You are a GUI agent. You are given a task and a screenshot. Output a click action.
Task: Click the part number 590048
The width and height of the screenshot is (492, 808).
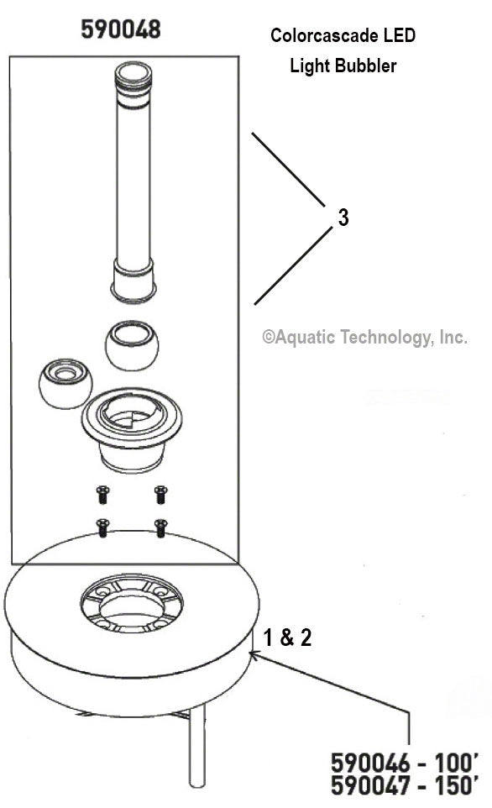click(121, 30)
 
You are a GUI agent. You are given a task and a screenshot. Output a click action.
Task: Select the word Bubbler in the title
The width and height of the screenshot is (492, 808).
click(369, 66)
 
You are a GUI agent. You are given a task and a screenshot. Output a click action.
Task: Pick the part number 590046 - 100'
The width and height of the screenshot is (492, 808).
click(406, 764)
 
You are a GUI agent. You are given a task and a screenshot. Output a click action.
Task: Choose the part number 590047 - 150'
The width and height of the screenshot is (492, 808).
click(406, 788)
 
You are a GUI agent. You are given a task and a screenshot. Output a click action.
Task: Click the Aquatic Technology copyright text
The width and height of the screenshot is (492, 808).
click(364, 337)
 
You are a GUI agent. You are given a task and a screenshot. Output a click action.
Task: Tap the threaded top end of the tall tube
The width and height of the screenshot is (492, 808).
click(134, 77)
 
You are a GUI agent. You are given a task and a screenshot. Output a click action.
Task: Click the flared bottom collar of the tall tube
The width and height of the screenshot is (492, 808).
click(133, 281)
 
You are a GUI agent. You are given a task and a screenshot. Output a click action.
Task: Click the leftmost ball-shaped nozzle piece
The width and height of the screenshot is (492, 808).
click(65, 382)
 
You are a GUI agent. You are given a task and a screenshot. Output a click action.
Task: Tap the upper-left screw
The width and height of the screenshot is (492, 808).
click(102, 494)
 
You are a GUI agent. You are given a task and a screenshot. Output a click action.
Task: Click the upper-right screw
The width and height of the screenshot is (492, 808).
click(160, 494)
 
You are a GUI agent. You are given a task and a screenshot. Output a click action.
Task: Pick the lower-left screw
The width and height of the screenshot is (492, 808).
click(102, 528)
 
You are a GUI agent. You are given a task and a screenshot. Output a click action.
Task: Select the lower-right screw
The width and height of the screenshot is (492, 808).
click(160, 528)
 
